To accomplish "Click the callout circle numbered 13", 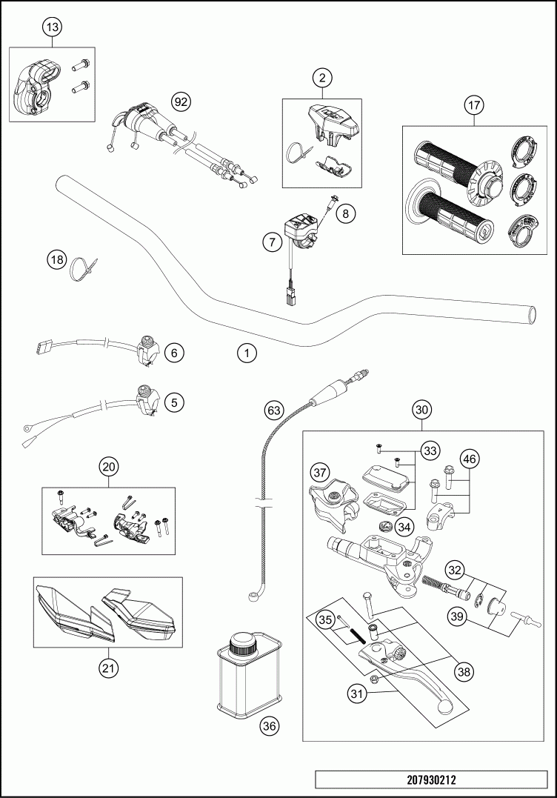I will (x=51, y=27).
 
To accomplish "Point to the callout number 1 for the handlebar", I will (x=247, y=353).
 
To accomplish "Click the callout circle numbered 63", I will (x=274, y=409).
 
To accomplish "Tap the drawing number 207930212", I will (x=430, y=779).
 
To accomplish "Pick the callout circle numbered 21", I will (x=109, y=668).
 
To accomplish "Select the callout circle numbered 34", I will (x=404, y=528).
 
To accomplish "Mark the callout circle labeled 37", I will (x=319, y=472).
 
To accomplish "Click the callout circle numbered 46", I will (x=470, y=459).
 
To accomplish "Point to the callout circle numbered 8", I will (x=345, y=213).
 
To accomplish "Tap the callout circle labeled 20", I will (x=109, y=467).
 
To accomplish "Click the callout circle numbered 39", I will (x=456, y=616).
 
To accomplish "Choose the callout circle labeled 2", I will (x=321, y=77).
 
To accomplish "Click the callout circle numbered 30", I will (x=421, y=409).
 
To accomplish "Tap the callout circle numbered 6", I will (x=174, y=353).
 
